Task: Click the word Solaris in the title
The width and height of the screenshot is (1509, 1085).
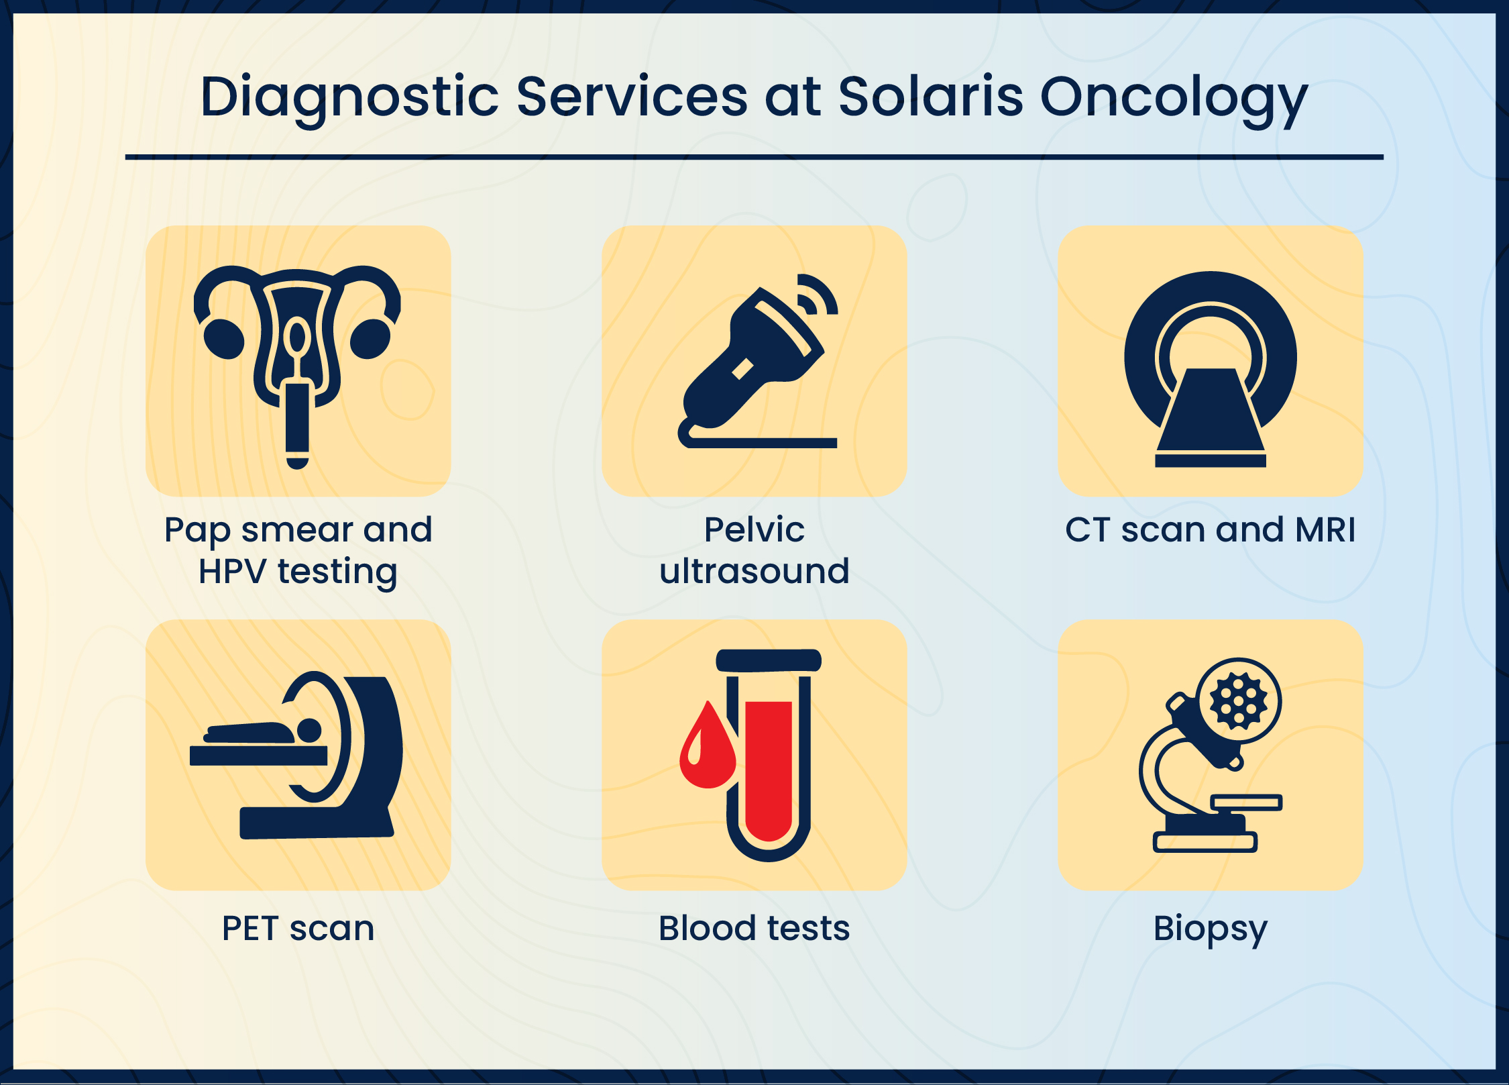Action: click(x=931, y=97)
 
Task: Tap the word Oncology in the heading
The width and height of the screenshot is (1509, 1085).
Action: click(x=1174, y=101)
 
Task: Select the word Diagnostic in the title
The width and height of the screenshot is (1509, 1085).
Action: click(x=349, y=99)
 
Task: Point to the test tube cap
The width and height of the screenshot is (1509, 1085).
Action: click(x=769, y=660)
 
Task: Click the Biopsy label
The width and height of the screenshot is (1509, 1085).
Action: click(x=1211, y=930)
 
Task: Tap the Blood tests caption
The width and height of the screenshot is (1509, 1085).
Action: click(x=754, y=929)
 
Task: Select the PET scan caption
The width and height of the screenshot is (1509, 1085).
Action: click(x=298, y=929)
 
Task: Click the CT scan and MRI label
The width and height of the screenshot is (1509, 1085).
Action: click(x=1211, y=529)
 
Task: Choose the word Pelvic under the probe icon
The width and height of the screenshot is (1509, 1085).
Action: click(x=754, y=529)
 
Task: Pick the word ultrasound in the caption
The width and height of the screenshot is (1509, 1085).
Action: click(x=754, y=571)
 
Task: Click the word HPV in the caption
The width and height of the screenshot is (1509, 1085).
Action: click(x=233, y=572)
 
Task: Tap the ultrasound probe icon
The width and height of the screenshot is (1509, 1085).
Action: click(x=751, y=362)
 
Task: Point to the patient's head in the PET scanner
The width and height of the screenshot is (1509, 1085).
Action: click(x=309, y=731)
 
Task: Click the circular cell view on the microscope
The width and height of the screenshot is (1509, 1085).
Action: click(x=1239, y=701)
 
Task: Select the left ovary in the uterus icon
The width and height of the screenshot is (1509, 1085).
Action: click(x=224, y=339)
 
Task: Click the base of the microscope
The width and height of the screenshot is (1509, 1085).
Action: click(x=1205, y=841)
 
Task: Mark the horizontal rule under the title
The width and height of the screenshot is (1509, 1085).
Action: click(x=754, y=157)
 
